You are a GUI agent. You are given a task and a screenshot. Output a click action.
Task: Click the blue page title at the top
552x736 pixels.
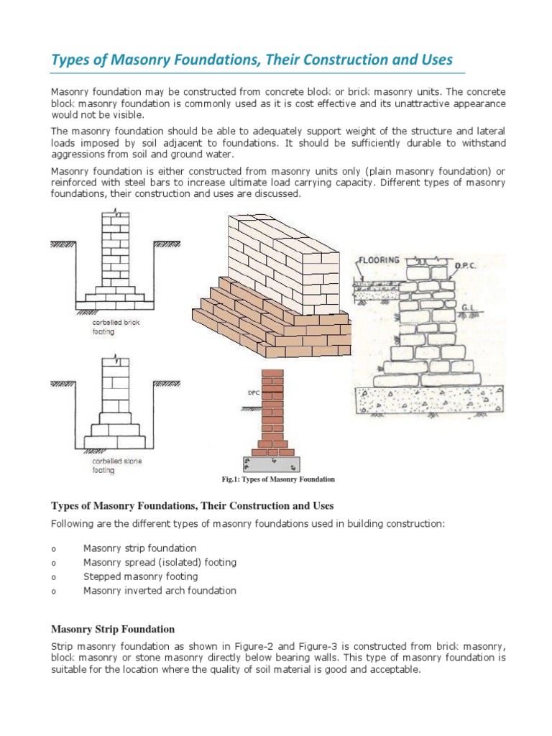tap(252, 60)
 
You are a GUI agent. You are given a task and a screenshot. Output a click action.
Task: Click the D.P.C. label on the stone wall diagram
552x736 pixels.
tap(465, 265)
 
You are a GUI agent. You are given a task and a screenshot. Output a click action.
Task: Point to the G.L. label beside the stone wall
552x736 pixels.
tap(470, 307)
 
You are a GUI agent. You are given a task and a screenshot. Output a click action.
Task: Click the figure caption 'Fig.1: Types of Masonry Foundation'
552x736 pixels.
tap(277, 479)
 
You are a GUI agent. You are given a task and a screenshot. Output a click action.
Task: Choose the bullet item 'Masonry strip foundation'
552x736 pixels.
tap(139, 548)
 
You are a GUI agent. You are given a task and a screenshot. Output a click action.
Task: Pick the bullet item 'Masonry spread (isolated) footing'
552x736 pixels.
tap(160, 562)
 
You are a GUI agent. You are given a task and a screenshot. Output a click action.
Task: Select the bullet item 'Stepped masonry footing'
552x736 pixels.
tap(140, 576)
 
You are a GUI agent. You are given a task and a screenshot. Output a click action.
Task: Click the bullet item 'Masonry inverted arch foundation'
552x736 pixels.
tap(160, 591)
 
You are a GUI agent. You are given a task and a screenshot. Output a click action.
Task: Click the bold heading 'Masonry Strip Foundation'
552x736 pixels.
tap(113, 629)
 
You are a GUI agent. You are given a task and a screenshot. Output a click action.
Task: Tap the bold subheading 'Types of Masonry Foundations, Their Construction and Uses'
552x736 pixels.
tap(192, 506)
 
